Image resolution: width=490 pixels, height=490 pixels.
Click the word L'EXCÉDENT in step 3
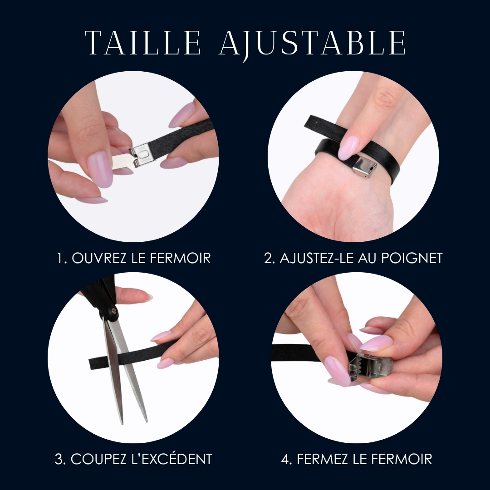pyautogui.click(x=171, y=459)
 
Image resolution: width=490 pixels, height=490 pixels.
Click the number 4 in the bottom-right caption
pyautogui.click(x=286, y=459)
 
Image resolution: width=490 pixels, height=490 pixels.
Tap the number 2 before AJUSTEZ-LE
pyautogui.click(x=269, y=258)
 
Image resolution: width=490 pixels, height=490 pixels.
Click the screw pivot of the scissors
pyautogui.click(x=113, y=310)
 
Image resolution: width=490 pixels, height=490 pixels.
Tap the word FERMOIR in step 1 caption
pyautogui.click(x=180, y=258)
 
